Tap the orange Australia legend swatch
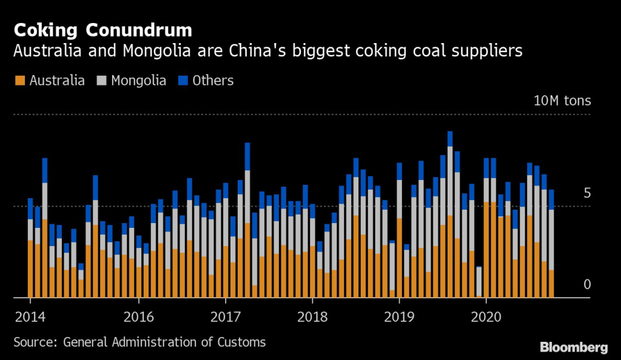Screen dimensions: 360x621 (19, 81)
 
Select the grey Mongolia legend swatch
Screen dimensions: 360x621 (101, 81)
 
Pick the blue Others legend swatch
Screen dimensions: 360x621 (182, 81)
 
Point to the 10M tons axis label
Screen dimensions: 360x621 (562, 101)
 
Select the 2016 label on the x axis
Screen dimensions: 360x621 (138, 316)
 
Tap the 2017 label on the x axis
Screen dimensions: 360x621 (225, 316)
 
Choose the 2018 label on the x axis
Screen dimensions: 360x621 (312, 316)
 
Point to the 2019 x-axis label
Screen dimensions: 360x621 (399, 316)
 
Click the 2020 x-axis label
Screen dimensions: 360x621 (486, 316)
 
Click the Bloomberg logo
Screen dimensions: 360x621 (574, 347)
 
